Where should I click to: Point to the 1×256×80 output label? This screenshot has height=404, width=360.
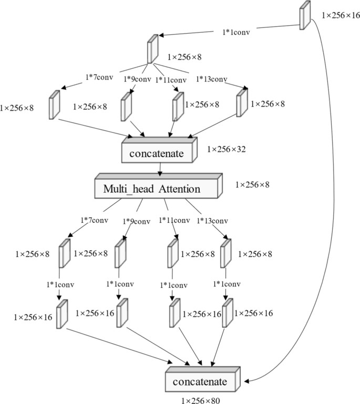point(201,400)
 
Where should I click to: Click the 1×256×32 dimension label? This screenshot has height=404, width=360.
point(227,150)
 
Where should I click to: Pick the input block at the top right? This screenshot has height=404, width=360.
point(305,17)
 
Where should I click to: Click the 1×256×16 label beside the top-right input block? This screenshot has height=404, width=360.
point(341,15)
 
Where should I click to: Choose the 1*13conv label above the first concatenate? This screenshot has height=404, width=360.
point(212,79)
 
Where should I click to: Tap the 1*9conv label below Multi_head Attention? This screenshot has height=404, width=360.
point(137,221)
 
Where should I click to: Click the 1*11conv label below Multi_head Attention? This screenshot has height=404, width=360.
point(174,220)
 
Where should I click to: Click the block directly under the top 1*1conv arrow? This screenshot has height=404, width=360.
point(153,49)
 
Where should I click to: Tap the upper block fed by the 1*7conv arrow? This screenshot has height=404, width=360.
point(55,105)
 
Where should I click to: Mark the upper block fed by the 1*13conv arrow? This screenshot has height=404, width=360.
point(241,102)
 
